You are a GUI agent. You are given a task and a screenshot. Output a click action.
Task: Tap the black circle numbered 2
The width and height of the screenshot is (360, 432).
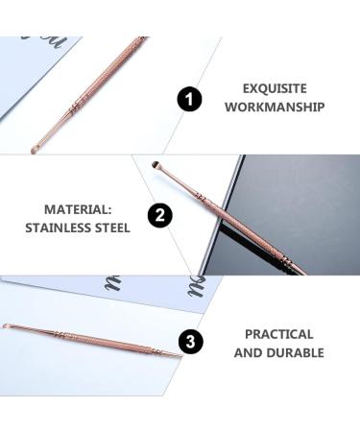(160, 216)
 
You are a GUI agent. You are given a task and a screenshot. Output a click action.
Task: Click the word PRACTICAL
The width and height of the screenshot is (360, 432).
(278, 334)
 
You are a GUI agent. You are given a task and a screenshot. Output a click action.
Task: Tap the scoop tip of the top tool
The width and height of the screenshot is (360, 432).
(34, 149)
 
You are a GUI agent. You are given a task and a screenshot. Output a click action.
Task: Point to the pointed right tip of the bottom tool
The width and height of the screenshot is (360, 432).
(180, 356)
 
